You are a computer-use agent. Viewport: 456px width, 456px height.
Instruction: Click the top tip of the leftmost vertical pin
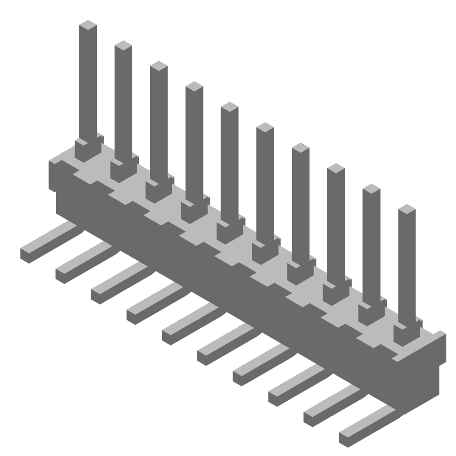coord(88,25)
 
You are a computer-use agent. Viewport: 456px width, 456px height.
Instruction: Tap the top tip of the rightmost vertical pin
coord(407,209)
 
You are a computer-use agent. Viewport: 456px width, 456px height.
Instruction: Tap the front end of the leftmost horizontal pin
coord(28,254)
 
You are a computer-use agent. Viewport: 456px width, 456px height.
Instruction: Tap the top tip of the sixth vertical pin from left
coord(264,127)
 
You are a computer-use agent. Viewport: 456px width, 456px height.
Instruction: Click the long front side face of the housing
coord(228,268)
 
